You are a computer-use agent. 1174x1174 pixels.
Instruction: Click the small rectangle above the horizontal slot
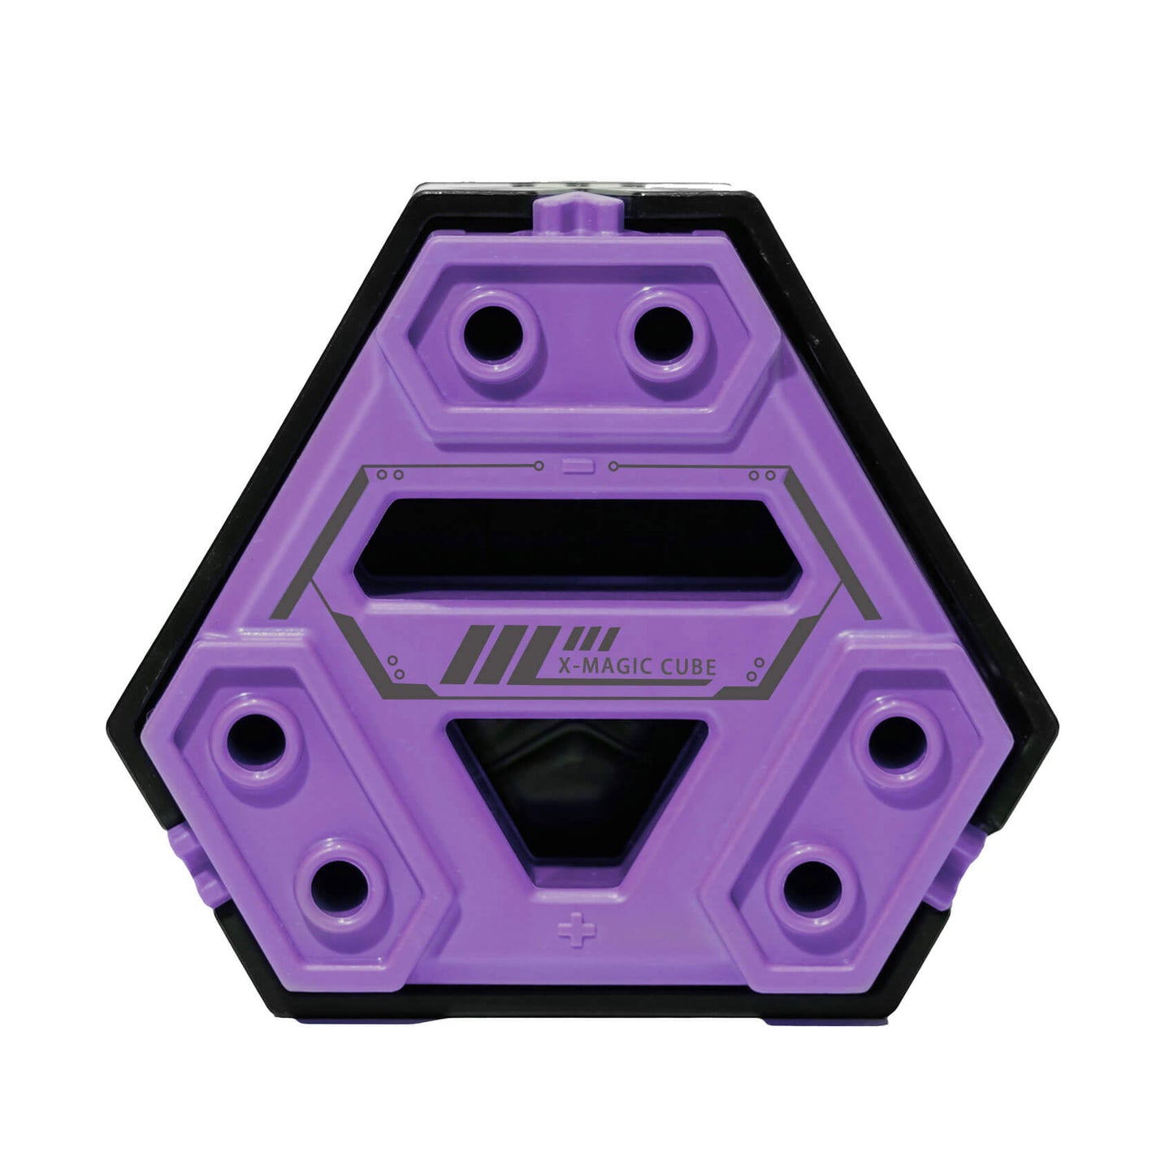pyautogui.click(x=578, y=466)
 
